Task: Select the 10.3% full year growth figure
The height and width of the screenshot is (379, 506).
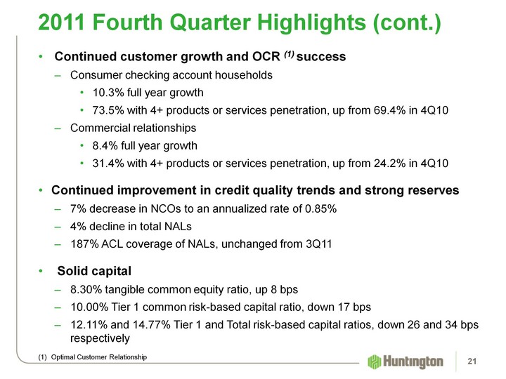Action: (108, 92)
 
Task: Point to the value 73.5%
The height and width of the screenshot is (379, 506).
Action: (108, 110)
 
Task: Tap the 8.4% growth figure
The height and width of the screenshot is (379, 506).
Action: (105, 146)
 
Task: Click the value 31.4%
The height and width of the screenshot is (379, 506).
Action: (108, 164)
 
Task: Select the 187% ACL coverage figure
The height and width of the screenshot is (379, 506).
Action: (84, 244)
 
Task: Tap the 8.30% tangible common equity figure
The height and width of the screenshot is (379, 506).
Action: (87, 288)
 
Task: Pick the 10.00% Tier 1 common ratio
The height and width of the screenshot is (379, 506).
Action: (91, 307)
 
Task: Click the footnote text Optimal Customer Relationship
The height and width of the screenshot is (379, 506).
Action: (102, 358)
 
